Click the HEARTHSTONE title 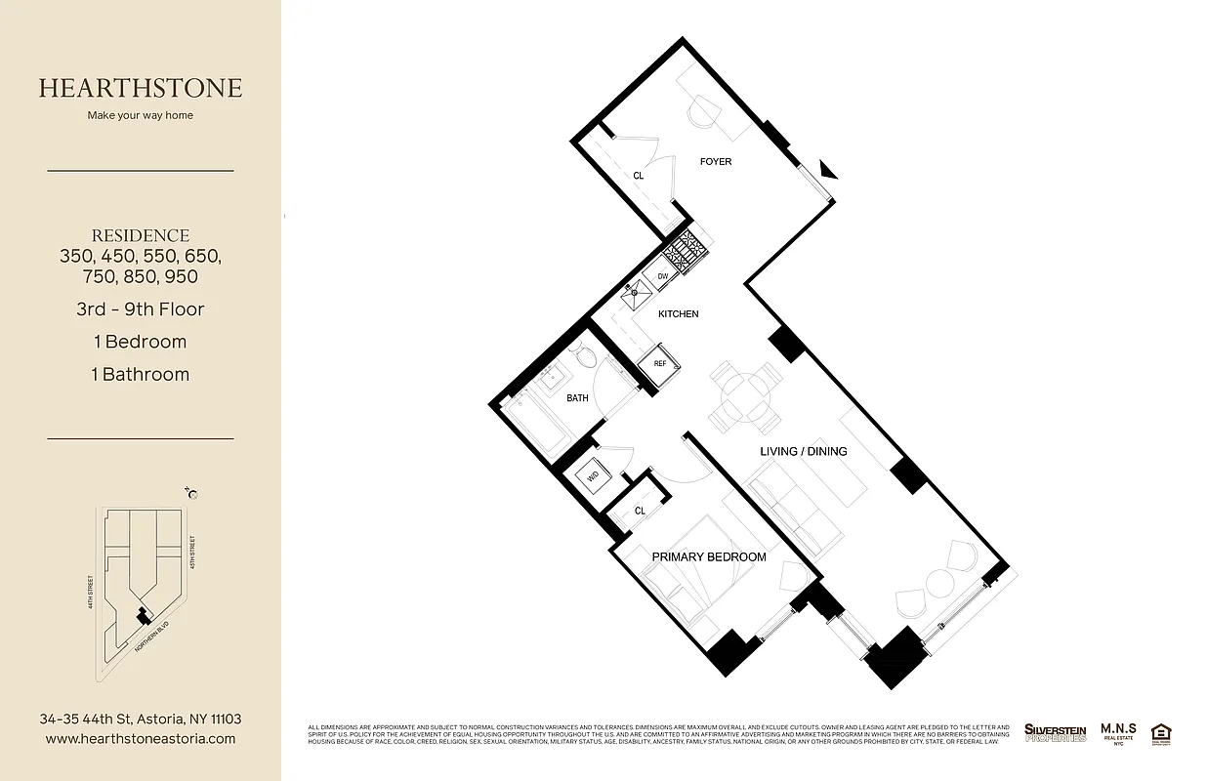tap(141, 88)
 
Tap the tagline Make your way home tap(141, 115)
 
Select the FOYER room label tap(715, 162)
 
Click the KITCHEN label tap(678, 314)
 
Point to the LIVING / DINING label tap(803, 451)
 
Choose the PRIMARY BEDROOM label tap(708, 556)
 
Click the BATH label tap(577, 398)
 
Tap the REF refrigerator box tap(659, 363)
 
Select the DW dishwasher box tap(662, 277)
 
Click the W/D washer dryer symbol tap(593, 477)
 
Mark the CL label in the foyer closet tap(638, 177)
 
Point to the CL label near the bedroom tap(640, 511)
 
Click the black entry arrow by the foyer tap(827, 170)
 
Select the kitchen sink tap(637, 291)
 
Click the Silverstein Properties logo tap(1055, 732)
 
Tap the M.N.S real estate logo tap(1117, 732)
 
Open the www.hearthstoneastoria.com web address tap(141, 739)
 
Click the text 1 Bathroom tap(140, 374)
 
